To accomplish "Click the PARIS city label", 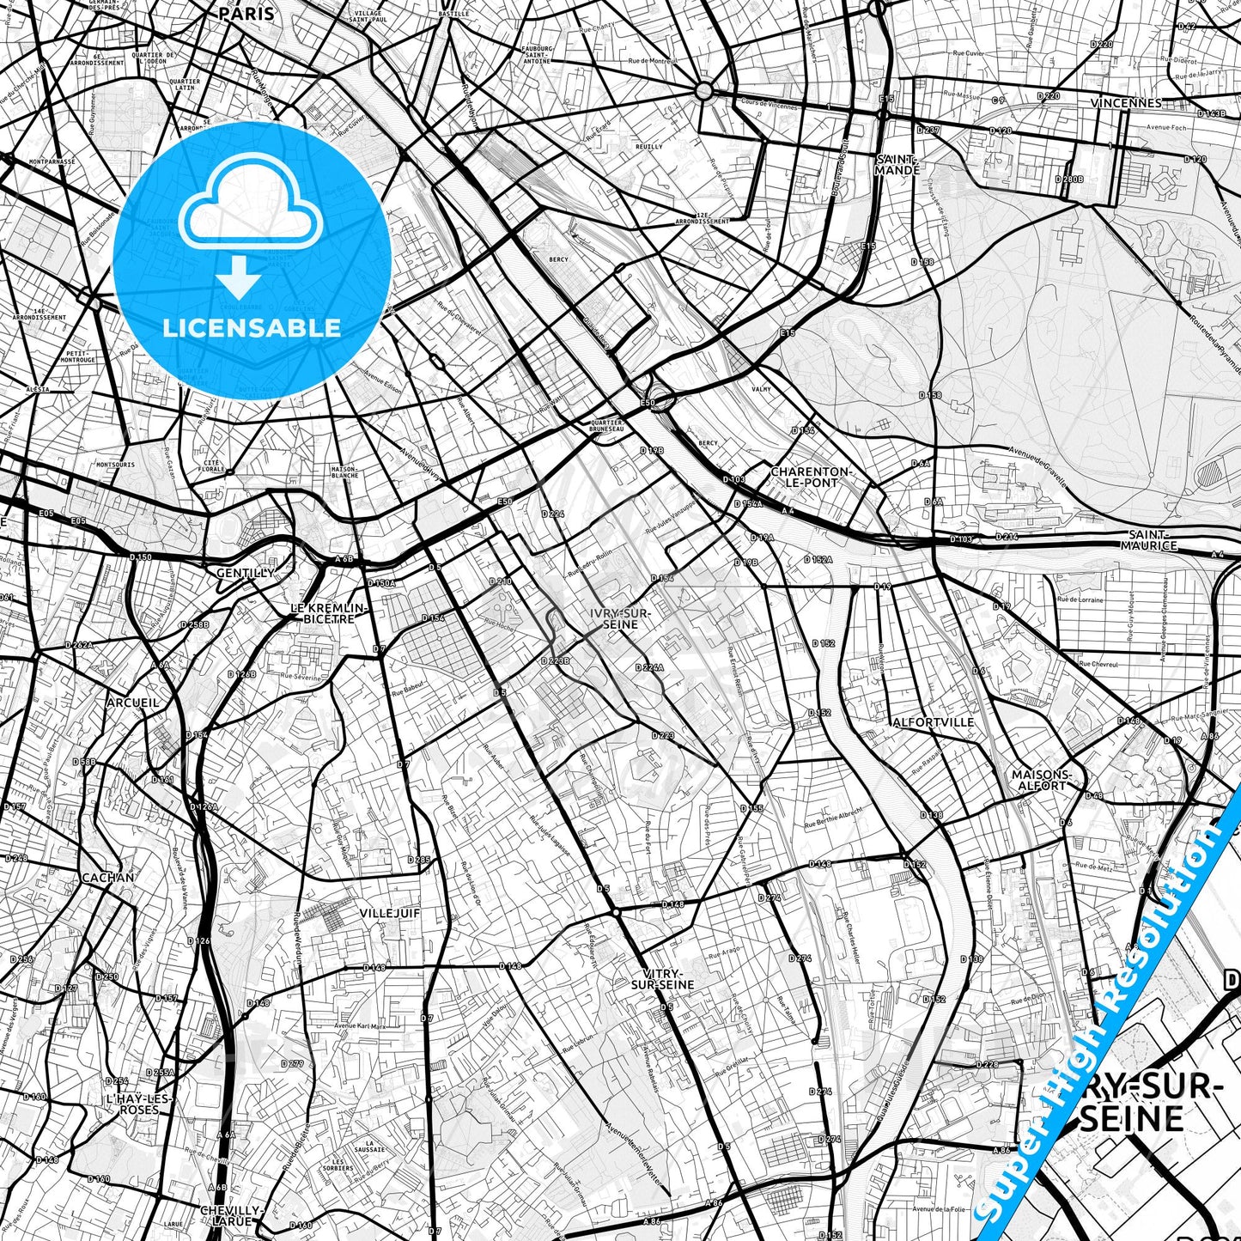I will (x=246, y=14).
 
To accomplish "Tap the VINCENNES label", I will (x=1126, y=103).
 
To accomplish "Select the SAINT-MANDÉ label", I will (x=897, y=165).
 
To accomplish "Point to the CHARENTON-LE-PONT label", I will (x=811, y=477).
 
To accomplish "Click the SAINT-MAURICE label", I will (x=1149, y=539).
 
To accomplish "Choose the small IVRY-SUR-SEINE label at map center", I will (x=620, y=618).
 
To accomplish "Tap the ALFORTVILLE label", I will (x=934, y=722).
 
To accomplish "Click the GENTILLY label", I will (x=246, y=573).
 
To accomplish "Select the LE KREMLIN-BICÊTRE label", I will (x=329, y=613).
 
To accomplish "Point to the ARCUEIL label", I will (x=133, y=703).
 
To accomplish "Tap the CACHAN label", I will (x=107, y=878).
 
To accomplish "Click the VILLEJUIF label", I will (x=390, y=913).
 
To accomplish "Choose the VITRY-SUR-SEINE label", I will (x=662, y=979).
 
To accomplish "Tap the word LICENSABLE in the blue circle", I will (x=252, y=327).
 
